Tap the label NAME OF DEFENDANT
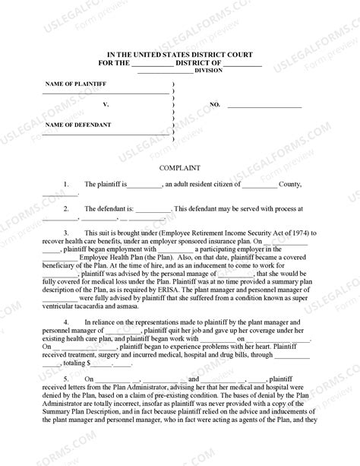tap(78, 124)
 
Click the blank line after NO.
tap(258, 104)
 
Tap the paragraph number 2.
tap(67, 208)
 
